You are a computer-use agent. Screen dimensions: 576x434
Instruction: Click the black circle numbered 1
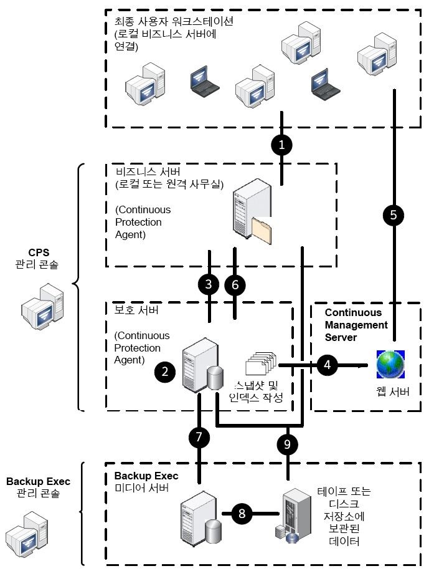282,145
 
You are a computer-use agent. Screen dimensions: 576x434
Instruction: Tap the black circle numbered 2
165,372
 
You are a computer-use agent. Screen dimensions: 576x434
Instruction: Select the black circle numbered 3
209,284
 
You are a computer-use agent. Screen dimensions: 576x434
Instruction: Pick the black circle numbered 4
328,364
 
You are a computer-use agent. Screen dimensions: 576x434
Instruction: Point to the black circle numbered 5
393,215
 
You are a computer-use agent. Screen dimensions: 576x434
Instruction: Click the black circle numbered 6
235,284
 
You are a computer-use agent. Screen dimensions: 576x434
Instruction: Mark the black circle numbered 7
199,438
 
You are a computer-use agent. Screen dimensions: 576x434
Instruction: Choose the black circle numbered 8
243,514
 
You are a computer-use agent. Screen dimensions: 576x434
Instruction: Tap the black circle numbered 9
287,444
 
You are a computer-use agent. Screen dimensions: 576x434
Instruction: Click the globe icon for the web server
391,365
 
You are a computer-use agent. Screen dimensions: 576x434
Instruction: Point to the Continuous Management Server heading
356,324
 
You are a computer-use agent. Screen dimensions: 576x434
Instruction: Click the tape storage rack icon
295,515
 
